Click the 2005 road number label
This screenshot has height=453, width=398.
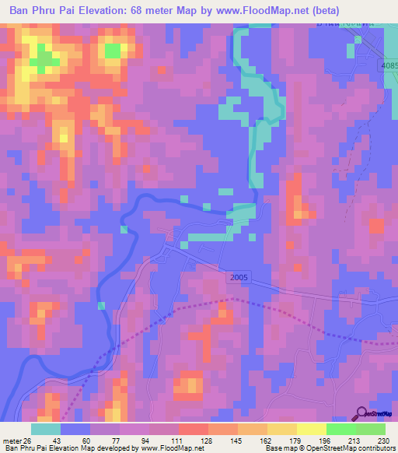pyautogui.click(x=241, y=276)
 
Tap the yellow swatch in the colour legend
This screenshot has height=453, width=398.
pyautogui.click(x=311, y=429)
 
